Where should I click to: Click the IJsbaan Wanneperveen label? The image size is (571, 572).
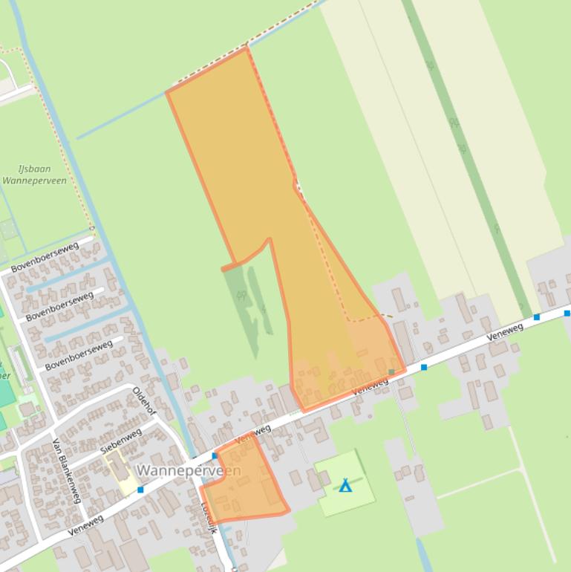(34, 175)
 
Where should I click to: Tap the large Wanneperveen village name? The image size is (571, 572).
(189, 471)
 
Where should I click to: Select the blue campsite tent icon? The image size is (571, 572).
(345, 486)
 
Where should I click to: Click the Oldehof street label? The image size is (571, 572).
(145, 401)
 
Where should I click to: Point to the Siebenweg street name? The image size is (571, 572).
(120, 441)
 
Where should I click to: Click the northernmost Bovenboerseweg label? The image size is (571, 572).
(45, 256)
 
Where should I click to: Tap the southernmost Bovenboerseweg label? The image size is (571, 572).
(78, 355)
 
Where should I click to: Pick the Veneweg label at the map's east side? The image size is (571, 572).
(505, 332)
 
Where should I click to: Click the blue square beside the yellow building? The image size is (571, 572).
(140, 490)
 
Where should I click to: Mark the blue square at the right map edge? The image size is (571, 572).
(567, 313)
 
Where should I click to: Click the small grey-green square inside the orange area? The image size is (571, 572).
(391, 372)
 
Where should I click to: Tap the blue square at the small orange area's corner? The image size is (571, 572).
(215, 455)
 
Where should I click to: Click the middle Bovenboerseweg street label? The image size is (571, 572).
(59, 306)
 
